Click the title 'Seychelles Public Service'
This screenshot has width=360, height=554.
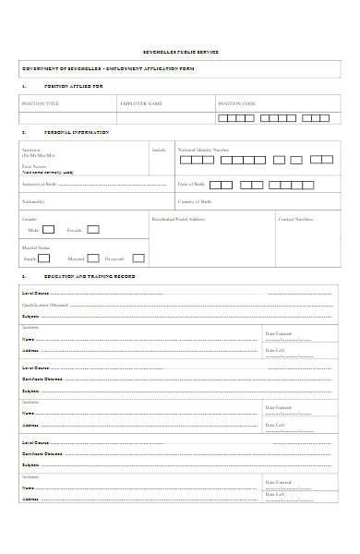point(180,52)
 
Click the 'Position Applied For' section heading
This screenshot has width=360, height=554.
point(74,86)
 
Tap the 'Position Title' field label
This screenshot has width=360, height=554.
point(40,103)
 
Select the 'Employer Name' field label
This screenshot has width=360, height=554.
point(140,103)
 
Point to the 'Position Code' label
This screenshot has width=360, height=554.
point(237,103)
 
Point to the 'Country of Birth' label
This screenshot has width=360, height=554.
point(196,200)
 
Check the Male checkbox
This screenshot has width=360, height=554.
point(49,230)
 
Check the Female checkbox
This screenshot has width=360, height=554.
point(93,230)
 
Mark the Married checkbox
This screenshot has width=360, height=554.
point(93,259)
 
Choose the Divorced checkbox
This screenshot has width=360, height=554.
point(138,259)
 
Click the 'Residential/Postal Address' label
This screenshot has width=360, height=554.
point(179,219)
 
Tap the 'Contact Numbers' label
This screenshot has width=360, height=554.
point(296,219)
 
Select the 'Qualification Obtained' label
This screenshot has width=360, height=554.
point(45,304)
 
